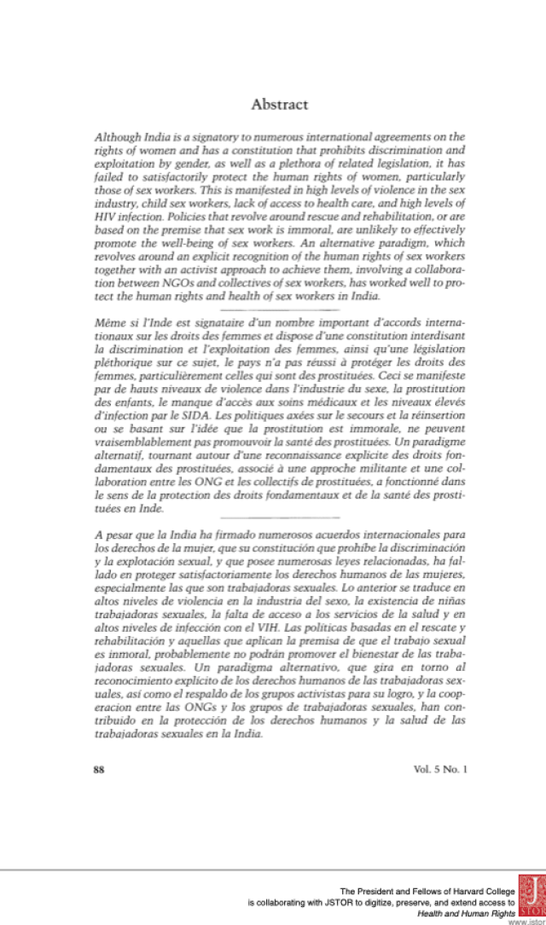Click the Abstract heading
[x=279, y=105]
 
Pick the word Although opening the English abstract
[x=117, y=136]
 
